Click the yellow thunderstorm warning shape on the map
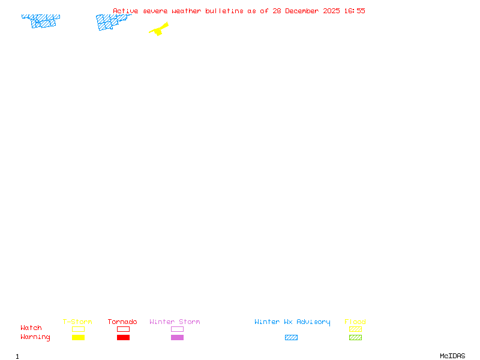[159, 29]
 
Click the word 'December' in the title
[304, 11]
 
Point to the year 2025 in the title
[333, 11]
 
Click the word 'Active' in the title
[125, 11]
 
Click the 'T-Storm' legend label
[77, 322]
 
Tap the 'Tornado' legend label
[122, 322]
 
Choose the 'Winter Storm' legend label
[175, 322]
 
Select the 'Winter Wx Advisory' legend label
[292, 322]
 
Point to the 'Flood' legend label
[355, 322]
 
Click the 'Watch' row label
[31, 328]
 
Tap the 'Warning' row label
[35, 337]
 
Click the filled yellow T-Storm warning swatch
[78, 337]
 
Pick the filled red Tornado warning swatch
[123, 337]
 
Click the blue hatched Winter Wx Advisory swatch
[291, 337]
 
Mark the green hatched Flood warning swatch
[355, 337]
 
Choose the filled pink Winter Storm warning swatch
[177, 337]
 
